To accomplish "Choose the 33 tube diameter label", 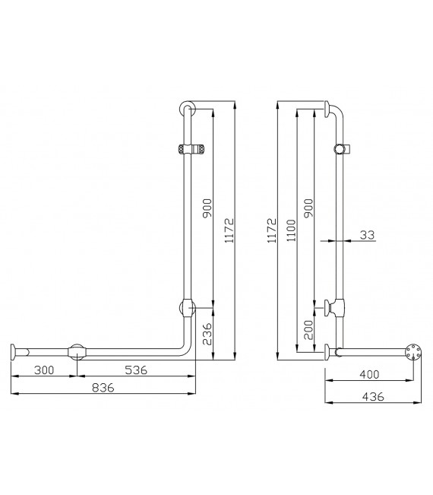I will coord(368,236).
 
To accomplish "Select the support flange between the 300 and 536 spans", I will coord(77,352).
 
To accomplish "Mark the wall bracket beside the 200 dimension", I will coord(333,307).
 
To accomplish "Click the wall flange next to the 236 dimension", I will coord(188,308).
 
